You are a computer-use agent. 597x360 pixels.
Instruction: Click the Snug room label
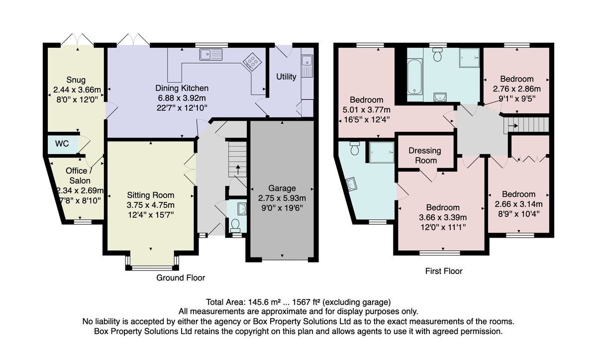click(76, 80)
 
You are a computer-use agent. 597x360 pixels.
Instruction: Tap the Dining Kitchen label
click(182, 88)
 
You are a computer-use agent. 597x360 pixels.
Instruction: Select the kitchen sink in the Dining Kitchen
click(211, 54)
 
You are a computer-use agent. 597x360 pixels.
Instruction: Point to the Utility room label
click(286, 77)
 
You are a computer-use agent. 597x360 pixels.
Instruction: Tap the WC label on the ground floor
click(62, 144)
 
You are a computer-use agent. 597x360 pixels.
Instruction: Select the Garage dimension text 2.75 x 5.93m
click(282, 198)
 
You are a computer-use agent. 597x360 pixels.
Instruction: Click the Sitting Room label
click(151, 195)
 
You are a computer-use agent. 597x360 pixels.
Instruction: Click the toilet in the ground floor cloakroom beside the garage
click(235, 225)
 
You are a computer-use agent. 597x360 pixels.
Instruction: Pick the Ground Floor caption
click(181, 278)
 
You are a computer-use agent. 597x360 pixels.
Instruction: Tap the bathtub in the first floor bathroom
click(415, 77)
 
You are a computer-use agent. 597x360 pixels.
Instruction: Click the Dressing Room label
click(425, 156)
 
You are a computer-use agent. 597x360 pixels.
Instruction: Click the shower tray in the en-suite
click(382, 152)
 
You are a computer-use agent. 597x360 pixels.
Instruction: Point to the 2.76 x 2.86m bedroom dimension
click(517, 89)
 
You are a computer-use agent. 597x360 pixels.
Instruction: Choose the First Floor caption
click(444, 271)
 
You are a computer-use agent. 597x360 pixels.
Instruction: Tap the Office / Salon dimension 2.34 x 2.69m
click(80, 191)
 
